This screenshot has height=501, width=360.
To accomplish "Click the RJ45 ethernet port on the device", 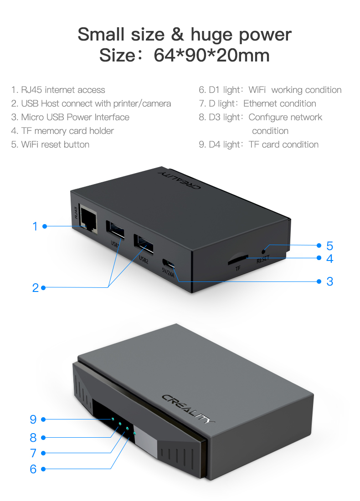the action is pos(88,220).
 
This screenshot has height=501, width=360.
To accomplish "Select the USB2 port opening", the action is pos(143,245).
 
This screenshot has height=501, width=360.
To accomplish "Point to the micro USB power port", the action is pos(169,264).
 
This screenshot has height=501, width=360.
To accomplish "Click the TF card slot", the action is pos(238,258).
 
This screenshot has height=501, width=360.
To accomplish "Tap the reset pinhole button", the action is pos(263,251).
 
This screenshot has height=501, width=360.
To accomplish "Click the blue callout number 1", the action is pos(35,226).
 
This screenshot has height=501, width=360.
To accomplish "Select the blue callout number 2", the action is pos(36,288).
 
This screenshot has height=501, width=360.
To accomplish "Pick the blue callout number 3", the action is pos(329,281).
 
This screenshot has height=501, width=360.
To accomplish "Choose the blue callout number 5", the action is pos(329,245).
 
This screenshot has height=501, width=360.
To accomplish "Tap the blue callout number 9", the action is pos(33,419).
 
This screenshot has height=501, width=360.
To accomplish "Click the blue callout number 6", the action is pos(33,469).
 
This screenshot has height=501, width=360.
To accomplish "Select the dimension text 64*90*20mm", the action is pos(211,55).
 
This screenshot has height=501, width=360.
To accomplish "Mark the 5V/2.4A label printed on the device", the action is pos(168,272).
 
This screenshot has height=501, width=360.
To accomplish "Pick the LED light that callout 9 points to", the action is pos(113,419).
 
